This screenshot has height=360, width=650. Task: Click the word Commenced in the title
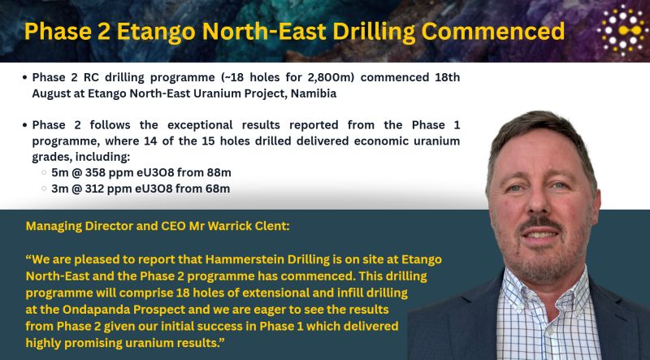click(x=492, y=32)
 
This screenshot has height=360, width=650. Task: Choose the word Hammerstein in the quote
click(x=246, y=259)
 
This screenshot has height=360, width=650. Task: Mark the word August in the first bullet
click(x=54, y=94)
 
